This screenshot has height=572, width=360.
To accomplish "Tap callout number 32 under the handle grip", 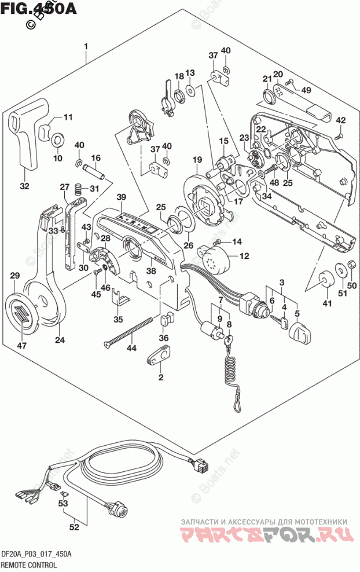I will point(24,186).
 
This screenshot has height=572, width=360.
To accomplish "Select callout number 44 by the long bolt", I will point(132,347).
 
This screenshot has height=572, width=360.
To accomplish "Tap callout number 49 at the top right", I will point(306,90).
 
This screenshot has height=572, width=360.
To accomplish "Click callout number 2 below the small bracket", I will point(160,377).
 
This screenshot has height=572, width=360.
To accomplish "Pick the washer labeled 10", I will point(57,140).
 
